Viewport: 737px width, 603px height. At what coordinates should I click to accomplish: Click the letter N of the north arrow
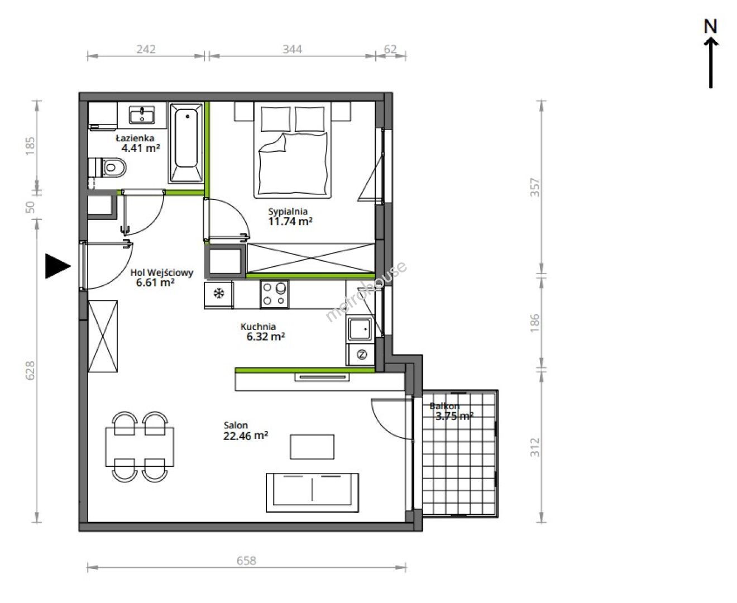[x=710, y=27]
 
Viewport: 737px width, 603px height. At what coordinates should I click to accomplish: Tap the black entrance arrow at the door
[x=58, y=266]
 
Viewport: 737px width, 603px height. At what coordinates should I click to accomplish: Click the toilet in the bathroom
[x=107, y=167]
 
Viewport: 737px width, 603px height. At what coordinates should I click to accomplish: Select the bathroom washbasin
[x=142, y=115]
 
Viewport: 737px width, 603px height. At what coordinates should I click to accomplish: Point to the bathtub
[x=186, y=142]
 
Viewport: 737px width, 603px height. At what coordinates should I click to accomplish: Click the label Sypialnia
[x=288, y=212]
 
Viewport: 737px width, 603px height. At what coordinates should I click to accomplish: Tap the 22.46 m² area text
[x=246, y=435]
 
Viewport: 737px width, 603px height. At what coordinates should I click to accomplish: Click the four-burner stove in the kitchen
[x=274, y=294]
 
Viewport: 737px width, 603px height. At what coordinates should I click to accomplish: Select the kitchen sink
[x=360, y=329]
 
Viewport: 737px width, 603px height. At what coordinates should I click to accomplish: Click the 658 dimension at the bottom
[x=246, y=561]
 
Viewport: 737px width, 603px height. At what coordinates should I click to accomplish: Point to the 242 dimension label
[x=146, y=49]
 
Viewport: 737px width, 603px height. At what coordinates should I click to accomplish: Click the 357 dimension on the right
[x=535, y=188]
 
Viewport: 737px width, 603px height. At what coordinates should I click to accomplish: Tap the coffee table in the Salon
[x=312, y=447]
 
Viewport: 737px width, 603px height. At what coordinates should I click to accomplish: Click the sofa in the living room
[x=312, y=492]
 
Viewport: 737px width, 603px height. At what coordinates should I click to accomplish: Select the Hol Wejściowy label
[x=161, y=272]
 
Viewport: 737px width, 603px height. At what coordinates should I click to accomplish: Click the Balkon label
[x=444, y=406]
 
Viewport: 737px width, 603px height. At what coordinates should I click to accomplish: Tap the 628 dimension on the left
[x=30, y=370]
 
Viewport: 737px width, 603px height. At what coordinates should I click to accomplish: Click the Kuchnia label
[x=258, y=327]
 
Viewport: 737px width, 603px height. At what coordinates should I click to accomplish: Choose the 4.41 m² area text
[x=141, y=148]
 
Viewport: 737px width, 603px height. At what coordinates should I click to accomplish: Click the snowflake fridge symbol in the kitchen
[x=219, y=293]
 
